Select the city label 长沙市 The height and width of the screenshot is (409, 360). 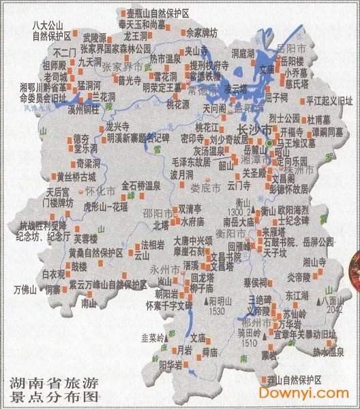point(252,130)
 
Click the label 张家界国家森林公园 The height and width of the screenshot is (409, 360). point(115,49)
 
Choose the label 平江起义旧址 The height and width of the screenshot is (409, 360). point(330,100)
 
